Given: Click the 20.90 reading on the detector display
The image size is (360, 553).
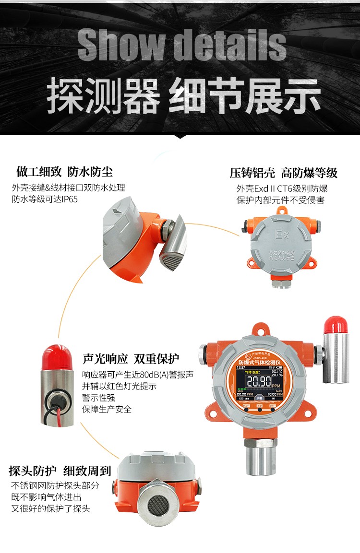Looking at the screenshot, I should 259,382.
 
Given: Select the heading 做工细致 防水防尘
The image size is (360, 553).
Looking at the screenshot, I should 65,172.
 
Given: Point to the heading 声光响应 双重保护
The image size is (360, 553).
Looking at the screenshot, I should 131,359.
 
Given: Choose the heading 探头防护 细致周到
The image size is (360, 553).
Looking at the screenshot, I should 60,471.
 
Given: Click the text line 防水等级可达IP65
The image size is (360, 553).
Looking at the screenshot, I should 45,200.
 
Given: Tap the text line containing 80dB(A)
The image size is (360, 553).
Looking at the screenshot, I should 138,375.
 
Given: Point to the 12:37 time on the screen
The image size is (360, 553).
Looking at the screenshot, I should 241,367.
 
